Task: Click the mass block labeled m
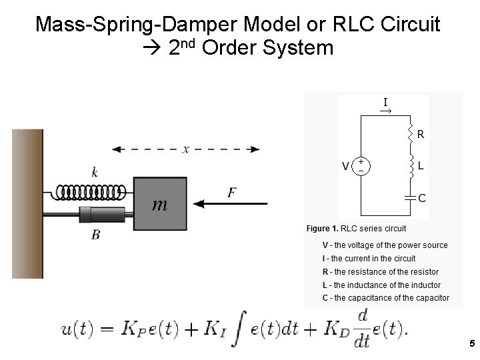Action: (160, 204)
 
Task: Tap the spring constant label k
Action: (95, 173)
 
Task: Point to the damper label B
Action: (95, 235)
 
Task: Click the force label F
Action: (231, 192)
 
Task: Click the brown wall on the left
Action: (27, 203)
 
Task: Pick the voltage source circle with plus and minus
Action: (361, 165)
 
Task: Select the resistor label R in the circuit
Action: (421, 134)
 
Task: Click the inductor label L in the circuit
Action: (421, 163)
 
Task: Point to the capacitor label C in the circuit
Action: (422, 197)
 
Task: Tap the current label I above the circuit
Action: (385, 102)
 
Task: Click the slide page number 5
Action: (471, 344)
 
